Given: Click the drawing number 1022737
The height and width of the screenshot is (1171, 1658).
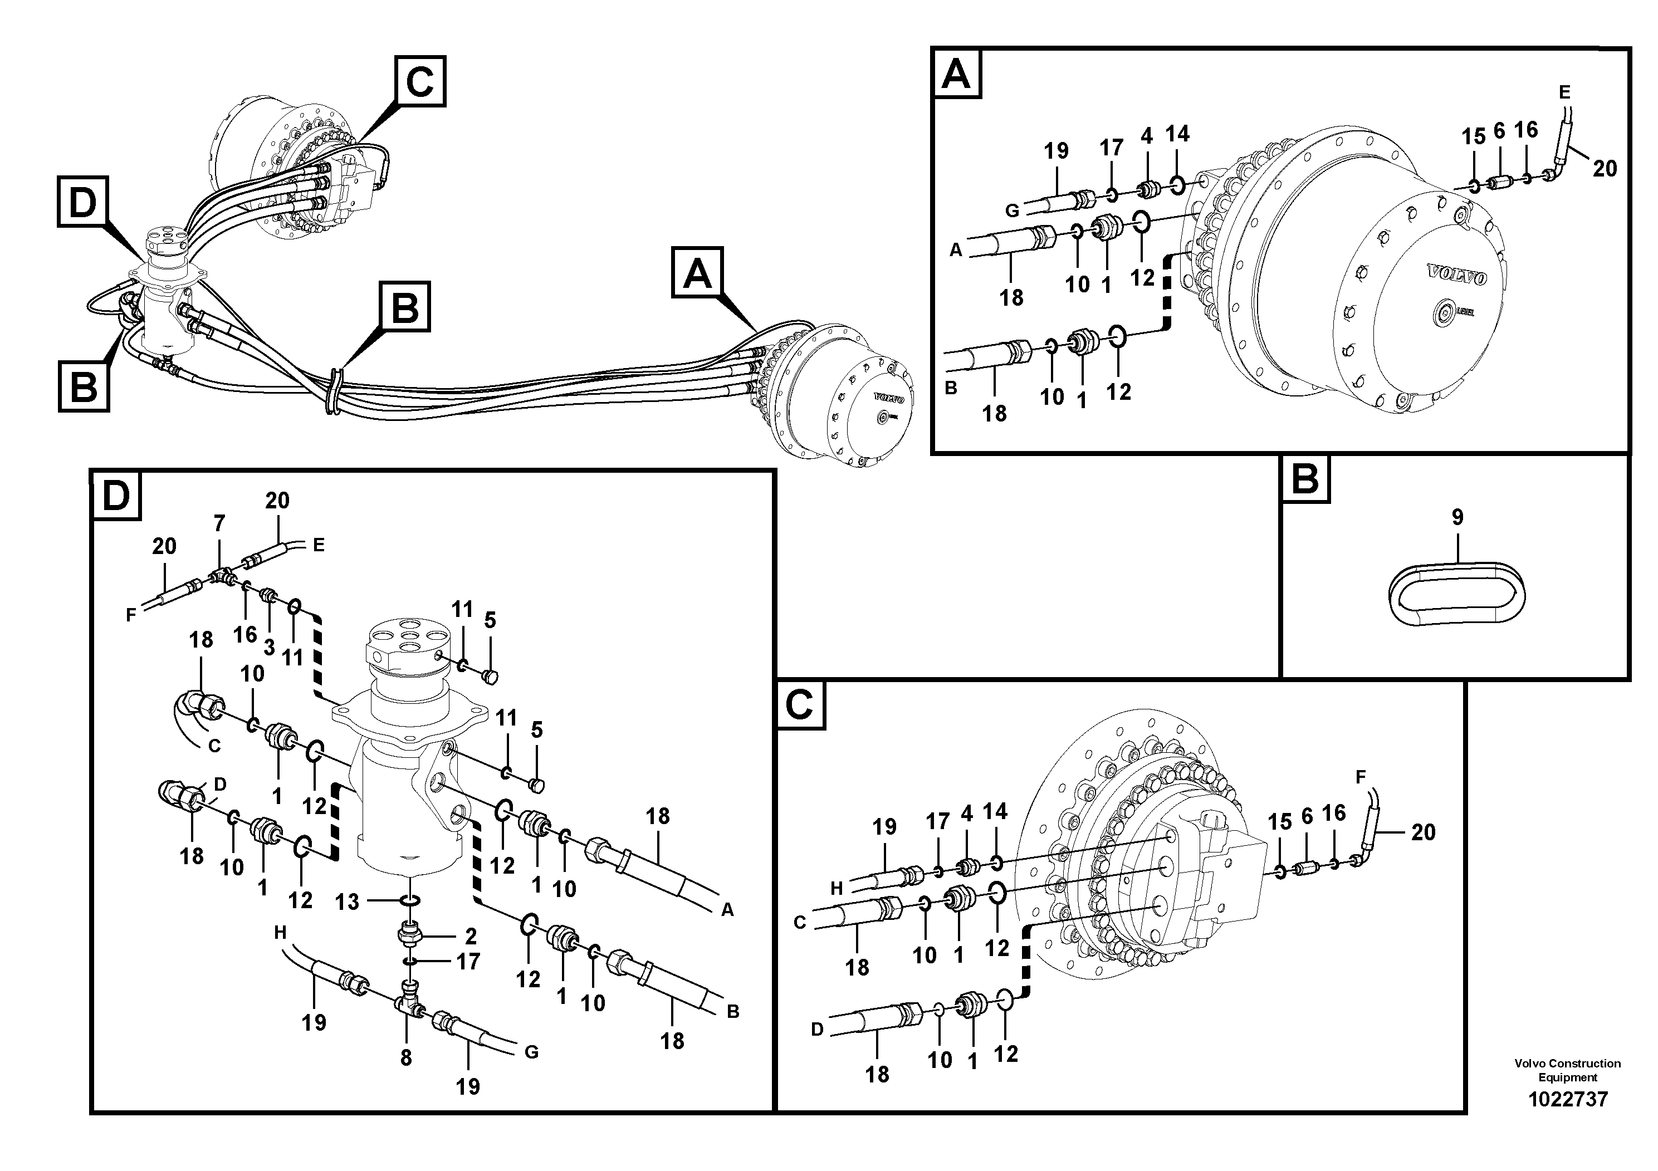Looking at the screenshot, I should [1567, 1100].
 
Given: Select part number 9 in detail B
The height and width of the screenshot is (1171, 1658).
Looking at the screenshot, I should [1458, 517].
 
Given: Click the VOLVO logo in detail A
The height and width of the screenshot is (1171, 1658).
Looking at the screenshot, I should [1458, 275].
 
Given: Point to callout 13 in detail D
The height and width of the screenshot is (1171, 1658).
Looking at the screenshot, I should [346, 901].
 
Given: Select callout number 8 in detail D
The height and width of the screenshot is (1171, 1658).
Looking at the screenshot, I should [406, 1057].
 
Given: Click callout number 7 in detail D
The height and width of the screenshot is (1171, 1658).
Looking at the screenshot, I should [219, 523].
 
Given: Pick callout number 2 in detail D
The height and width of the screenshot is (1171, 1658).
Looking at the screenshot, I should [471, 937].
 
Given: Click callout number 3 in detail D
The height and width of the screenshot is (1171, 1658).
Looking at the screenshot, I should [268, 647].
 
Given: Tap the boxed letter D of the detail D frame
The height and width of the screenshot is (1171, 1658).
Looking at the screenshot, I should [115, 495].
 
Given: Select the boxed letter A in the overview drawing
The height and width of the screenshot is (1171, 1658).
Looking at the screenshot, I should [697, 273].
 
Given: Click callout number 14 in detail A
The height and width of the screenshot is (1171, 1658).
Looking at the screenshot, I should [1177, 134].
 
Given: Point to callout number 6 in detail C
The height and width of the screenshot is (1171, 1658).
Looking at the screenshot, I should [1307, 816].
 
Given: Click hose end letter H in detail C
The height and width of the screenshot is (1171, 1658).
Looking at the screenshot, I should [836, 889].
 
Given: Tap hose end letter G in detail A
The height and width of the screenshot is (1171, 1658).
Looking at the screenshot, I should [1012, 211].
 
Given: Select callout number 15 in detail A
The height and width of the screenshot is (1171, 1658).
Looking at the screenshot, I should [1474, 136].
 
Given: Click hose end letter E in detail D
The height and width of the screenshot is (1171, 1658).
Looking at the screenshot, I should [319, 545].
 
